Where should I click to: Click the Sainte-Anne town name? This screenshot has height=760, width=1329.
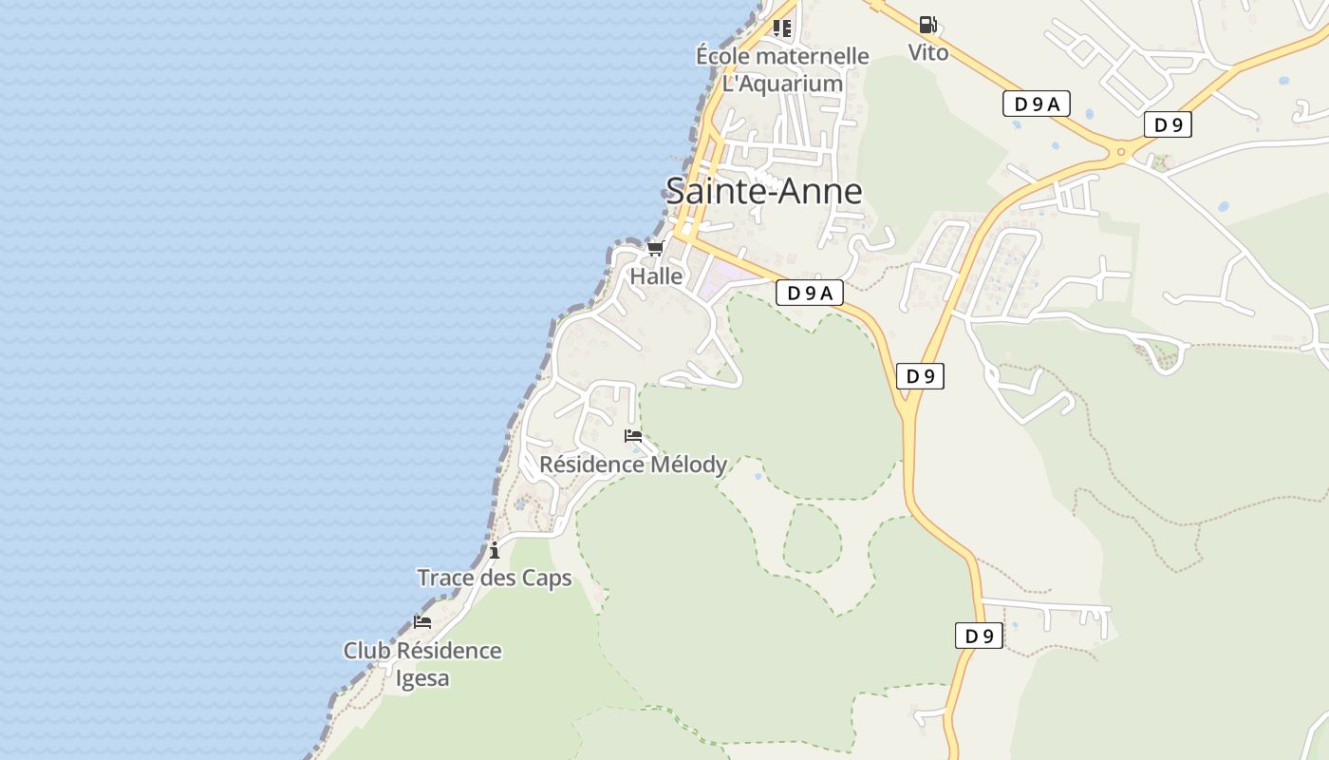point(763,191)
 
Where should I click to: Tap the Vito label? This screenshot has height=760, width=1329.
point(927,52)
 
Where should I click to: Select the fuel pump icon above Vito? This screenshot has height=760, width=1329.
point(927,26)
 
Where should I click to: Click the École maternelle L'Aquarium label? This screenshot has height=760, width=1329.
point(782,69)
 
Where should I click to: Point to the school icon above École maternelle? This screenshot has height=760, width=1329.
point(781,28)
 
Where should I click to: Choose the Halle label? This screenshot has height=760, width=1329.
point(656,276)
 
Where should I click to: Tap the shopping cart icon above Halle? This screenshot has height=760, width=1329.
point(655,249)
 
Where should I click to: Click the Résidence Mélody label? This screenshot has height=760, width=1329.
point(633,465)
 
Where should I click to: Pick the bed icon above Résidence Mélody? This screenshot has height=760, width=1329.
point(633,436)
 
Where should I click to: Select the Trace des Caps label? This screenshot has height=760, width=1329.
point(495,578)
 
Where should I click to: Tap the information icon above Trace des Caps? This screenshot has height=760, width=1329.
point(495,550)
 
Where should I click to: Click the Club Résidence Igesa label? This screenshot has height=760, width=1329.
point(422,664)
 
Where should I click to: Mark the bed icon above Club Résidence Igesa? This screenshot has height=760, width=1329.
point(422,622)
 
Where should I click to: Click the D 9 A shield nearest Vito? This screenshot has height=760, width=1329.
point(1036,104)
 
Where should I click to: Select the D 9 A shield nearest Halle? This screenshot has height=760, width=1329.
point(809,293)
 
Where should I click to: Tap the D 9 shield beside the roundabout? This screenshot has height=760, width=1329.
point(1167,124)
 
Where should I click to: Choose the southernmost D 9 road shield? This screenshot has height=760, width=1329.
point(979,636)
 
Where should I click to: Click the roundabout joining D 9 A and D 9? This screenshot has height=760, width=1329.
point(1121,151)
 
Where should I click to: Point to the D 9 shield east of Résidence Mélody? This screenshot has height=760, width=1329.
point(920,376)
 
